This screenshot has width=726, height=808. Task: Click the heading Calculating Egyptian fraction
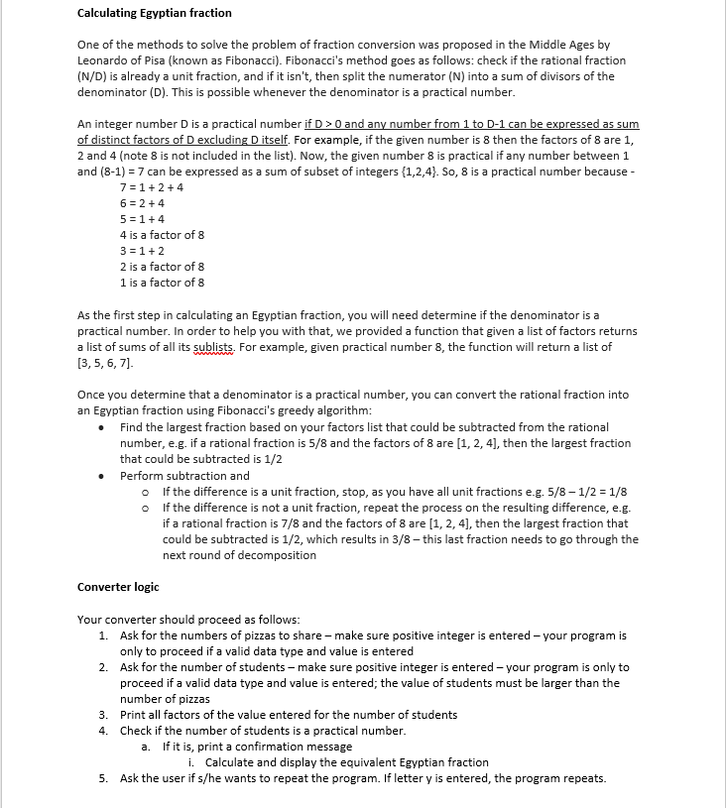coord(154,13)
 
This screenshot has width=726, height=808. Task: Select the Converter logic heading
coord(118,587)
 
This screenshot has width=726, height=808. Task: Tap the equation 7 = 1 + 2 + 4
coord(151,187)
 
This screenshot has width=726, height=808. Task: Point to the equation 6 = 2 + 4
coord(143,203)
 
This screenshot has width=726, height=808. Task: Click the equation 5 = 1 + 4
coord(143,219)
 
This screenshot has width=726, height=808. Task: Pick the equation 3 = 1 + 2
coord(143,251)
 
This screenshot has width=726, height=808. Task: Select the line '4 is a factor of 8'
coord(164,235)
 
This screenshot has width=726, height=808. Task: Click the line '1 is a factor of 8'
coord(164,283)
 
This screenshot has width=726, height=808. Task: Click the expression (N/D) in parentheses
coord(95,76)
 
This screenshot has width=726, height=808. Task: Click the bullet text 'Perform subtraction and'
coord(184,476)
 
